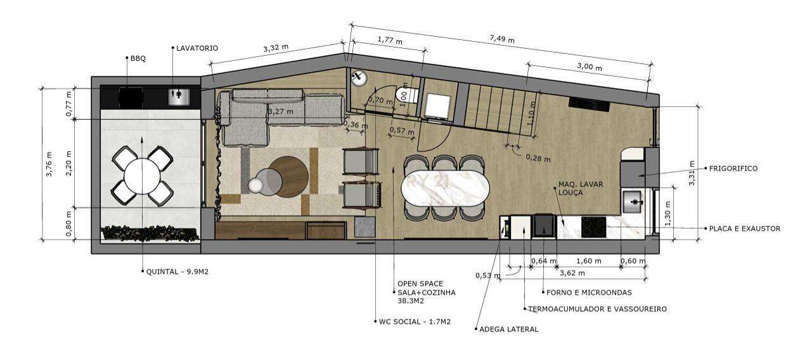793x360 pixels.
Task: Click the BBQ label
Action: point(138,58)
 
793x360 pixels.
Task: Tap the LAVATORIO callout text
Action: point(197,48)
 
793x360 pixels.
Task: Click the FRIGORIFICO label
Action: point(733,169)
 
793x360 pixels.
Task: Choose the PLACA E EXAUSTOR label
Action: point(744,229)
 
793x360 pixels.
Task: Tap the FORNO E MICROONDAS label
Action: point(589,292)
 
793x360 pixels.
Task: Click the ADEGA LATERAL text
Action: point(509,329)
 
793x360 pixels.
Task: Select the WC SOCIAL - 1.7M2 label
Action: point(415,322)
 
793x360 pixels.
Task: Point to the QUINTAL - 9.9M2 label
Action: point(177,272)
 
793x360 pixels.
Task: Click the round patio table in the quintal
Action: point(142,176)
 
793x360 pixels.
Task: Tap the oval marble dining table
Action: point(446,188)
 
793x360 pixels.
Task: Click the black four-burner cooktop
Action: point(594,227)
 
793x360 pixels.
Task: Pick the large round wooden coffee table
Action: point(289,176)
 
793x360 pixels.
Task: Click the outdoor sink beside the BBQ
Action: point(179,97)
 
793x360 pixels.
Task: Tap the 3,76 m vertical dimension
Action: point(49,164)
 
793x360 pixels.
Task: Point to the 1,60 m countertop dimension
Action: point(589,261)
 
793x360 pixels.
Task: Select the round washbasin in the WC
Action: point(358,77)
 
